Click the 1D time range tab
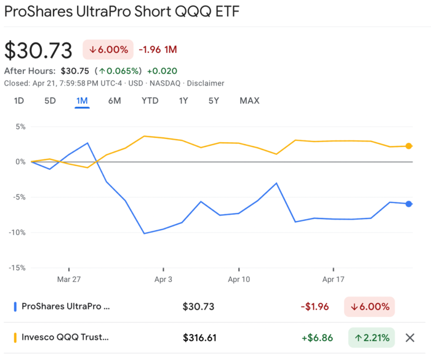[x=19, y=101]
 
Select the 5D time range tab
[x=50, y=101]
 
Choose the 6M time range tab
[x=115, y=101]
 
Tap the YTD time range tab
[x=150, y=101]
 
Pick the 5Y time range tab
[x=214, y=101]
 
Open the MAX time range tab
[x=249, y=101]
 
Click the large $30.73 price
[x=38, y=50]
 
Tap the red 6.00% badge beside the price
[x=108, y=50]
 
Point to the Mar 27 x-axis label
[x=69, y=279]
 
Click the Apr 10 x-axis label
[x=238, y=279]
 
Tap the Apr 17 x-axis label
[x=333, y=279]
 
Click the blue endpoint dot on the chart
[x=409, y=204]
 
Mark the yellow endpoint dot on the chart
[x=409, y=146]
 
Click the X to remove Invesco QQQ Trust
[x=409, y=337]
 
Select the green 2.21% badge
[x=371, y=337]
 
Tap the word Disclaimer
[x=206, y=83]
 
